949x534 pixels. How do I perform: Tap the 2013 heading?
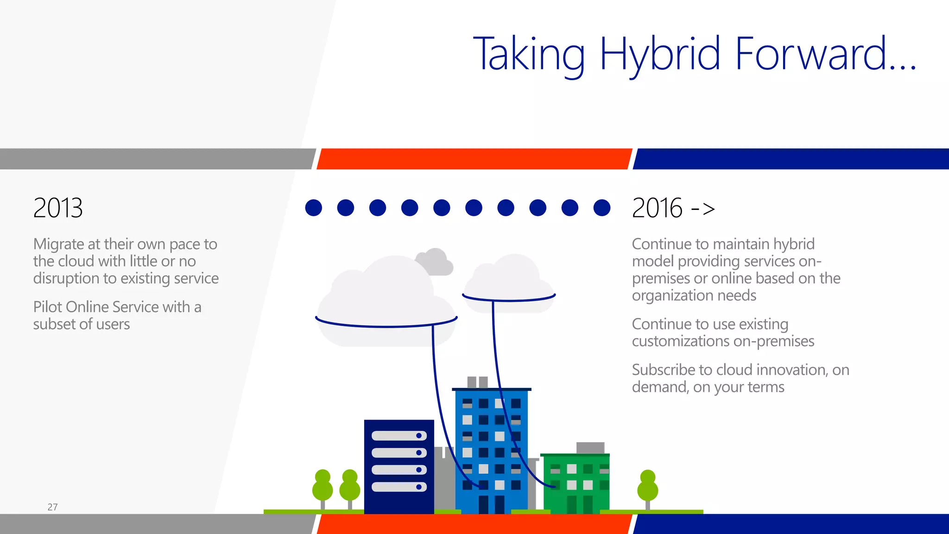(x=58, y=208)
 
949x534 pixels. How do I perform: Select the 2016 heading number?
(x=657, y=208)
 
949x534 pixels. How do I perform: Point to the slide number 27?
(x=52, y=507)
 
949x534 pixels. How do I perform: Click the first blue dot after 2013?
(x=314, y=208)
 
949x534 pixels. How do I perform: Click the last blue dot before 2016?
(x=601, y=208)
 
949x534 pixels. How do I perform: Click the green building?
(x=576, y=484)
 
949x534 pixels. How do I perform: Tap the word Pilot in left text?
(x=48, y=307)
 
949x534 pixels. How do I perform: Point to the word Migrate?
(x=58, y=244)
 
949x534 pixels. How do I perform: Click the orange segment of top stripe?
(x=474, y=159)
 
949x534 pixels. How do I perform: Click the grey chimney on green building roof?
(x=590, y=448)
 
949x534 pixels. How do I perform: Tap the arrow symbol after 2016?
(x=703, y=209)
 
